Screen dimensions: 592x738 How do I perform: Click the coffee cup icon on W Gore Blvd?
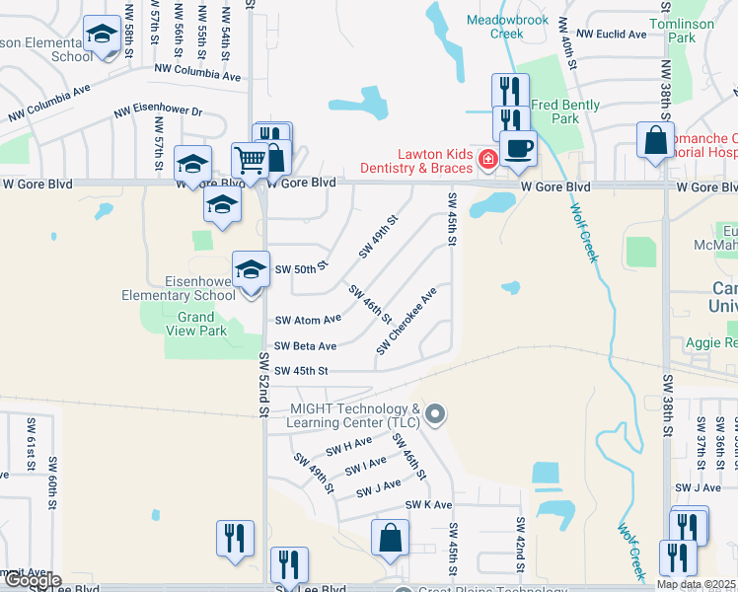518,149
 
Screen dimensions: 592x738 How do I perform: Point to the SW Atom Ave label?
308,320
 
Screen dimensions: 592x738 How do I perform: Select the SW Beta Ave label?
305,346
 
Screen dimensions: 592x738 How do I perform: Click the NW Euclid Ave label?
611,34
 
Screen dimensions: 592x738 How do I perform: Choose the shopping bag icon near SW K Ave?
390,539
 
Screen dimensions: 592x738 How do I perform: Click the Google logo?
32,580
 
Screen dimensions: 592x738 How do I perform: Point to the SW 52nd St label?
264,375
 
